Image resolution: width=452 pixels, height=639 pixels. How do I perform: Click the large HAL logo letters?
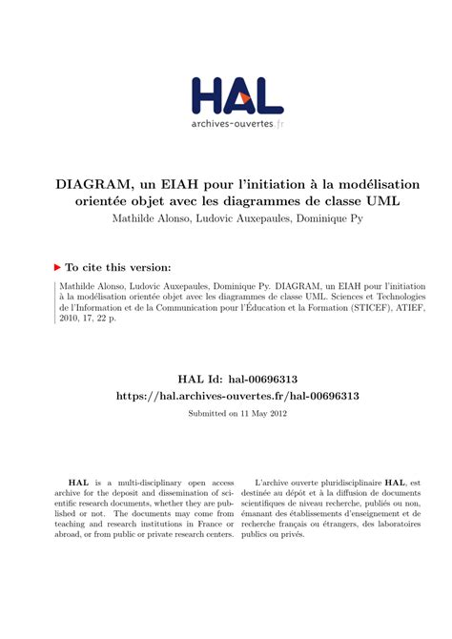tap(237, 96)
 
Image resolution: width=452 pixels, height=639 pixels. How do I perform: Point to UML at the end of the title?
tap(380, 201)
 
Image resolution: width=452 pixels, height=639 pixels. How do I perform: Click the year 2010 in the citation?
tap(69, 320)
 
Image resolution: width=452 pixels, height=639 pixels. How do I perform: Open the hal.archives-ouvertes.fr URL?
tap(237, 395)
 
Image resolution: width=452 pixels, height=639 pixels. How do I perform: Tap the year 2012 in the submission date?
tap(276, 413)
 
